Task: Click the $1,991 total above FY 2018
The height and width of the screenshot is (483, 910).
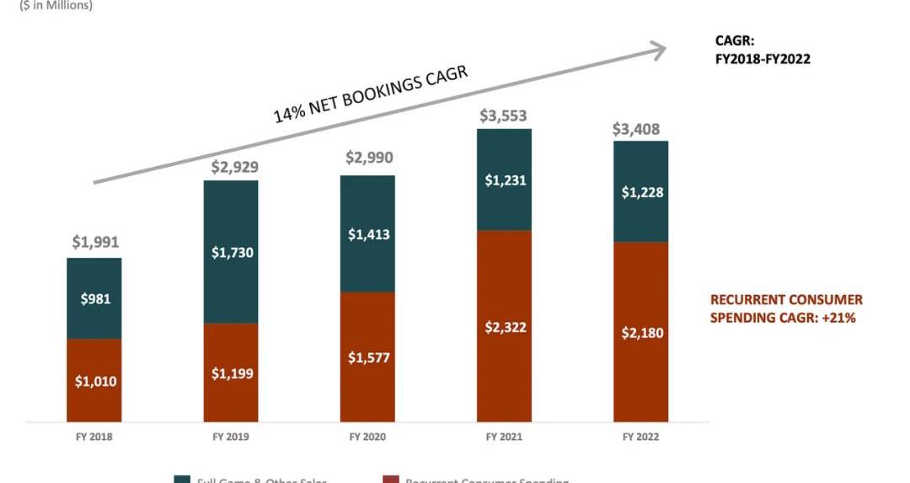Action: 94,243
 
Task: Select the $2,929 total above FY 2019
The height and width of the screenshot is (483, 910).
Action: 231,166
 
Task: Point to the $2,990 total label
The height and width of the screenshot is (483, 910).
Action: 368,158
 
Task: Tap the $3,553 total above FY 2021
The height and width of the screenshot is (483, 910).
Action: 504,115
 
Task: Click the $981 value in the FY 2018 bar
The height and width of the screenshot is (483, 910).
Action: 94,298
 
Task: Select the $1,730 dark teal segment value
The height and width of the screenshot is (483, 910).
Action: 231,251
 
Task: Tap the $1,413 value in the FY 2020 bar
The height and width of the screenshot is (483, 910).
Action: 368,234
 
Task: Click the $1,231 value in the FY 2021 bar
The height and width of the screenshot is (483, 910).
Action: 504,180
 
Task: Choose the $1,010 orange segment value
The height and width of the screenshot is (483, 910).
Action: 94,381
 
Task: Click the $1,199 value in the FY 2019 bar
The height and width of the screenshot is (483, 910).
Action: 231,373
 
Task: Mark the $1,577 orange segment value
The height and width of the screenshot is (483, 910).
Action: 368,357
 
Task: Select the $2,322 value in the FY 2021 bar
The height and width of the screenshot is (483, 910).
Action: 504,327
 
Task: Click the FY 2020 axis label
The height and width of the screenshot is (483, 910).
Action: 367,437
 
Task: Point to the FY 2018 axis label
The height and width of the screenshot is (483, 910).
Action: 94,437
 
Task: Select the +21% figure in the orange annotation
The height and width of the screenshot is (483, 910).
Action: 840,318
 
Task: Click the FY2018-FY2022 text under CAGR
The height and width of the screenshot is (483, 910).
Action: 762,59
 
